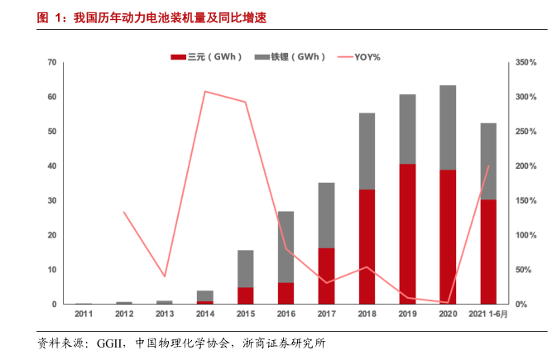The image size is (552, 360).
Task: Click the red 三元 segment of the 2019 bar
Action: (x=407, y=234)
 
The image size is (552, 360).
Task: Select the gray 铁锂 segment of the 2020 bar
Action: (x=448, y=127)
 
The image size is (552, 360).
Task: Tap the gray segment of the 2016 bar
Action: (x=286, y=247)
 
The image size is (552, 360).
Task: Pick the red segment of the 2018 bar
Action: (x=367, y=247)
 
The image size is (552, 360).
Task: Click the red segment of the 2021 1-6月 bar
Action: (x=488, y=252)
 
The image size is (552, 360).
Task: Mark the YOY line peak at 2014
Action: (x=205, y=91)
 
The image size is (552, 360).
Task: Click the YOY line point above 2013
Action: (x=164, y=276)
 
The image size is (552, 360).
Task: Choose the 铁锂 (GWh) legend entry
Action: (x=290, y=57)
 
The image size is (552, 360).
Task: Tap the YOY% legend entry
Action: (x=358, y=57)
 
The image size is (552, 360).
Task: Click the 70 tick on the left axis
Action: (x=51, y=63)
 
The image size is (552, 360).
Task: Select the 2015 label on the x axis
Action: (x=245, y=315)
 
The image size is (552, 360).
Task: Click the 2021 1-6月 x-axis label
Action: (x=488, y=315)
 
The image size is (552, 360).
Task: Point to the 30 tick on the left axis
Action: (x=51, y=201)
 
